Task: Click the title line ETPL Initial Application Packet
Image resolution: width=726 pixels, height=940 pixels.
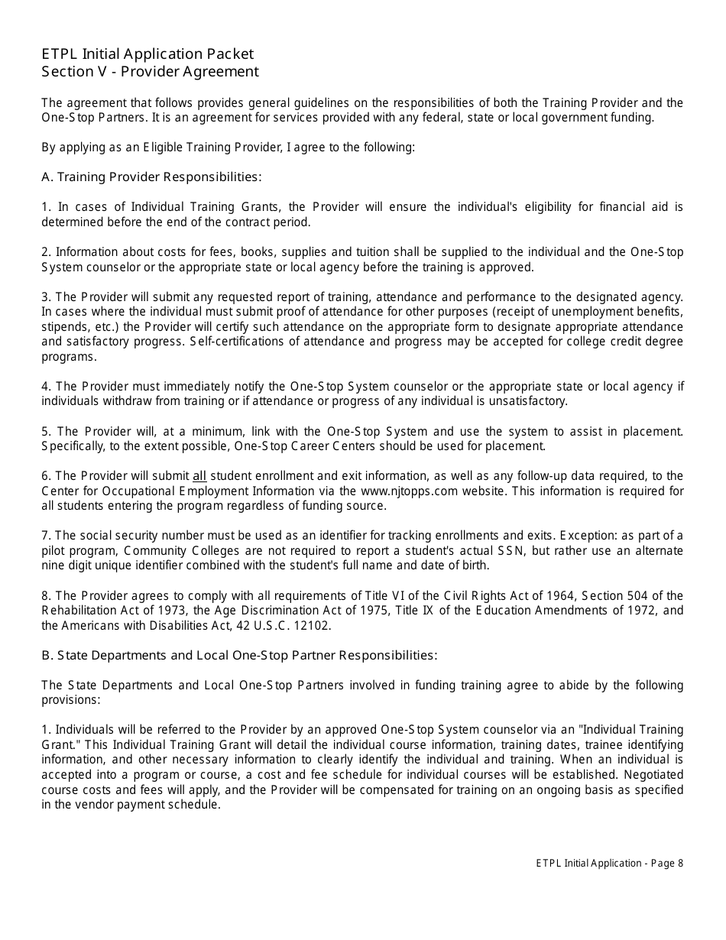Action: click(147, 53)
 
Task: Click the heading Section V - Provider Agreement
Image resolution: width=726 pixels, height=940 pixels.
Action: click(151, 72)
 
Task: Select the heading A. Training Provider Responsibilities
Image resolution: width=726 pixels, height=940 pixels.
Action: click(151, 177)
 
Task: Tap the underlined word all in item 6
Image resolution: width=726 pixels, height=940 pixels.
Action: click(199, 476)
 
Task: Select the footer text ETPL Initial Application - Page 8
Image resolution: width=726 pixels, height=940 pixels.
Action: click(609, 864)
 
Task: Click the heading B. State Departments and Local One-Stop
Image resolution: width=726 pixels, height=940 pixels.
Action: click(239, 656)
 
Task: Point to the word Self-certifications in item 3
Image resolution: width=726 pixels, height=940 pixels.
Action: click(234, 342)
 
